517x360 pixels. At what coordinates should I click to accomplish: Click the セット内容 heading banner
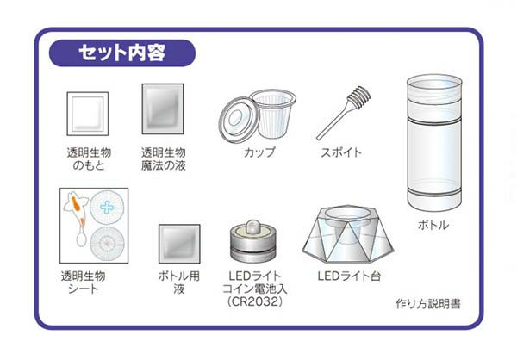pos(122,53)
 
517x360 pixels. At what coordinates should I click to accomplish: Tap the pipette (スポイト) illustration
pos(343,113)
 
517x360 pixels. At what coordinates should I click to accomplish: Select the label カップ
pos(259,152)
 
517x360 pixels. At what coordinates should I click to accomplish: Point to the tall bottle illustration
pos(434,142)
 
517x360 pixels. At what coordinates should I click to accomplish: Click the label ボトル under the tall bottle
pos(433,225)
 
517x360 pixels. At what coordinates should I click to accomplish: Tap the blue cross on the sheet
pos(107,208)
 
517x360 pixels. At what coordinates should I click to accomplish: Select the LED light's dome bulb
pos(252,227)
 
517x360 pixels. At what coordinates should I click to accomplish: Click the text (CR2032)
pos(255,301)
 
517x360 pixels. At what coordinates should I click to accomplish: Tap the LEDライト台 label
pos(349,276)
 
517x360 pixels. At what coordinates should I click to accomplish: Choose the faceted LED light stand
pos(348,234)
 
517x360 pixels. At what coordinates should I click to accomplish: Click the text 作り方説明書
pos(428,304)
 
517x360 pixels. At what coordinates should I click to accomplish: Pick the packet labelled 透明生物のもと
pos(88,114)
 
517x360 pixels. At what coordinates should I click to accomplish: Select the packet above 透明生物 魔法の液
pos(163,109)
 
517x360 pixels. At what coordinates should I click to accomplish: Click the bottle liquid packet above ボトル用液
pos(179,244)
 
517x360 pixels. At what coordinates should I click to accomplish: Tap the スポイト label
pos(341,152)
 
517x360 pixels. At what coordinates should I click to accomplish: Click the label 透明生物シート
pos(83,282)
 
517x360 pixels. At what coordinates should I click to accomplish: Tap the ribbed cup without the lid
pos(273,114)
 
